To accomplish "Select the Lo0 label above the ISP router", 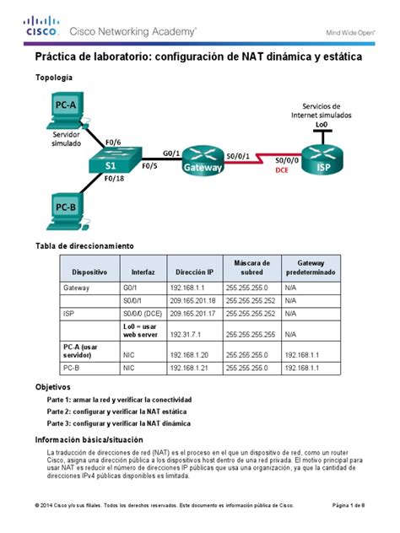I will tap(322, 124).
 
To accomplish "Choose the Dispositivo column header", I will tap(89, 273).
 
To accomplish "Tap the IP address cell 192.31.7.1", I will tap(186, 334).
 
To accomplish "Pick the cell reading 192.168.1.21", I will tap(189, 368).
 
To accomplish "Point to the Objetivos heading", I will tap(52, 385).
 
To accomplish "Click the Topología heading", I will tap(53, 78).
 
